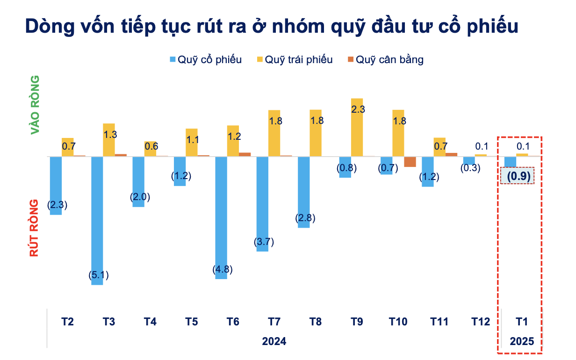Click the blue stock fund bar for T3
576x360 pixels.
point(97,220)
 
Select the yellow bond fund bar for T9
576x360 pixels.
point(357,127)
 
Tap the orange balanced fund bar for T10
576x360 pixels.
point(410,162)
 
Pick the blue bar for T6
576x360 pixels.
point(221,217)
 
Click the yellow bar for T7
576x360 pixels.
point(274,133)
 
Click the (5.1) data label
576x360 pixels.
point(98,275)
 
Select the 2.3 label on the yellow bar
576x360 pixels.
point(358,110)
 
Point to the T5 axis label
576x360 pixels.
point(191,322)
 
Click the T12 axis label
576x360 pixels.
point(481,322)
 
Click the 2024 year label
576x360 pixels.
point(274,341)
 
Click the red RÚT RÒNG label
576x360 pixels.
point(34,228)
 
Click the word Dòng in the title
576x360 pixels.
point(47,26)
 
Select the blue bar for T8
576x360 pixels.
point(304,192)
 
